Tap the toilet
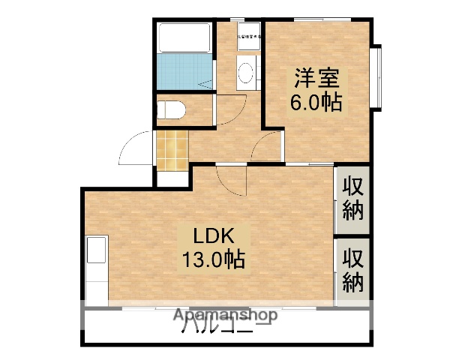click(172, 110)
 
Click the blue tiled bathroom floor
click(184, 71)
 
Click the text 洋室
click(316, 77)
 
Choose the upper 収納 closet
click(352, 197)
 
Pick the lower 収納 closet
click(352, 270)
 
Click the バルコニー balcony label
click(225, 327)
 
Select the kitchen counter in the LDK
click(97, 271)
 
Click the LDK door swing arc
click(231, 180)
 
